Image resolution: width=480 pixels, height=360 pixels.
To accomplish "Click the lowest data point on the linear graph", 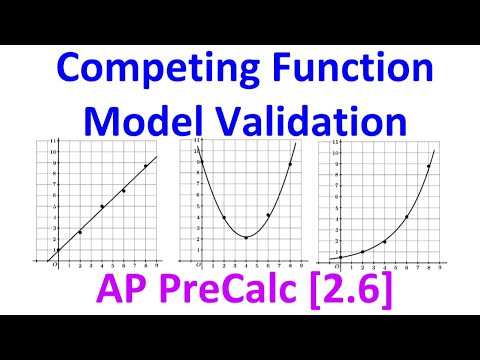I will (x=58, y=250).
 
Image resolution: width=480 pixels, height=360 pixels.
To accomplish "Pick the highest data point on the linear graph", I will (x=146, y=166).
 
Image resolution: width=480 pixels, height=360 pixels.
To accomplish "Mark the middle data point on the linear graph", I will (x=102, y=207).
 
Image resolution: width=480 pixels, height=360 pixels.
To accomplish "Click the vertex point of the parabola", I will (x=245, y=237).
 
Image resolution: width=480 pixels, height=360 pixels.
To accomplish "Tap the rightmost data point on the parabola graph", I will (x=290, y=164).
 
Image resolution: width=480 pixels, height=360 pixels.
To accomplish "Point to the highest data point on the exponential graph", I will (x=428, y=167).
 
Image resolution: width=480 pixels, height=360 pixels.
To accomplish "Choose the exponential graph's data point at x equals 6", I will (x=406, y=216).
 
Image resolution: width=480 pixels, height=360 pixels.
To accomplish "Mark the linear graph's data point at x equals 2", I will (x=80, y=232).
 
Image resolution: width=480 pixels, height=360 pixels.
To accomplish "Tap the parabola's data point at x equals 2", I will (x=223, y=218).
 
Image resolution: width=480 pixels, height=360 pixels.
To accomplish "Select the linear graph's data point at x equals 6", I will (x=124, y=190).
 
